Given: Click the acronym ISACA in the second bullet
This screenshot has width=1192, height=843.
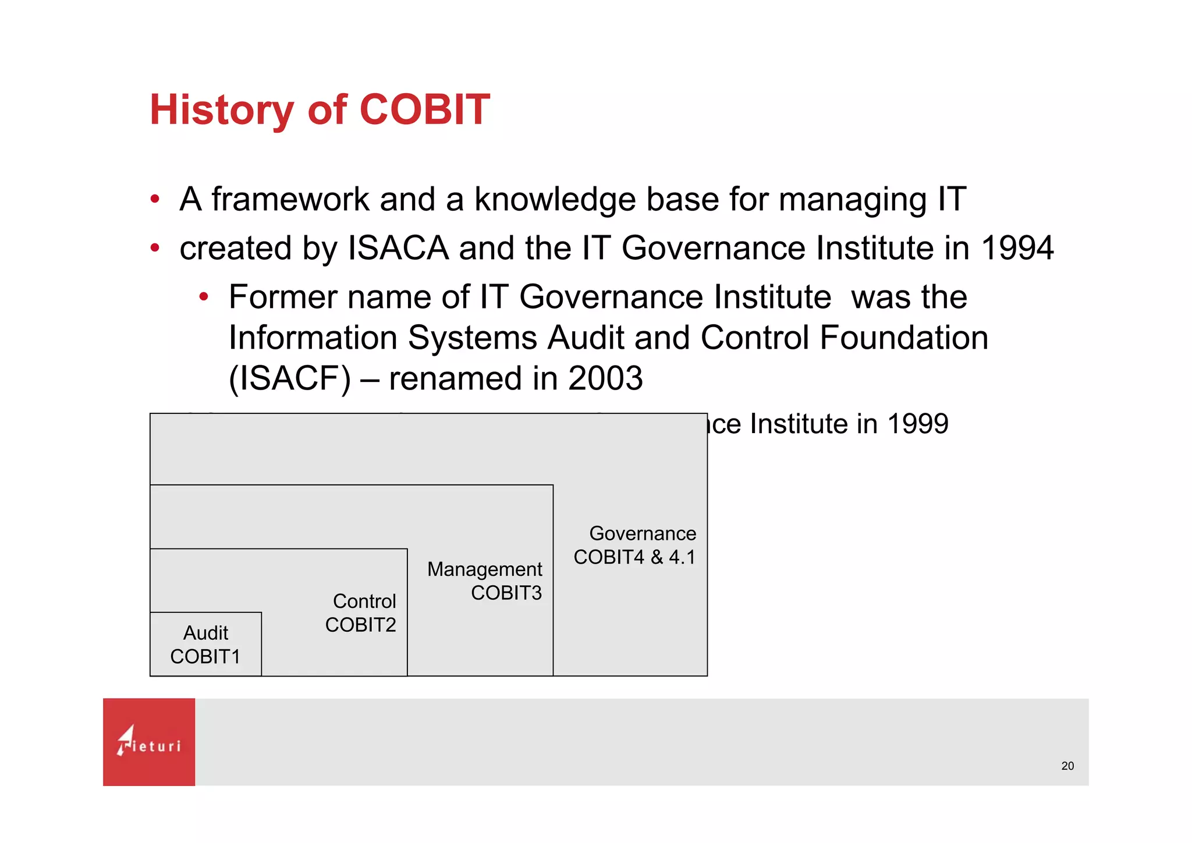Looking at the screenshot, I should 398,249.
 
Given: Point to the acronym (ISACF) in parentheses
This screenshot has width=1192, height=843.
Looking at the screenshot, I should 290,379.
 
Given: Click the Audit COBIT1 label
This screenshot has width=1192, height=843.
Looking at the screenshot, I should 205,644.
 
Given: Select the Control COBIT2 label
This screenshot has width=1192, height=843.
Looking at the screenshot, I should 361,613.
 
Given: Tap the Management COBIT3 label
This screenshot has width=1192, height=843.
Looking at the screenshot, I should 485,580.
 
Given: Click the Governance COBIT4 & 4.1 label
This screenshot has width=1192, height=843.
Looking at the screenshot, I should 635,546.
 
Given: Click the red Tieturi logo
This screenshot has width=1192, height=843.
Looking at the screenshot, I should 149,742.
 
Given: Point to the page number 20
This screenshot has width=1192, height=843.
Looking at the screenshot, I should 1067,766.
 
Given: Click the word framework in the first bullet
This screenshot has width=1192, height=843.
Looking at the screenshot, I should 290,200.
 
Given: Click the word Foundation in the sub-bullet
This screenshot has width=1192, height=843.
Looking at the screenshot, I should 904,338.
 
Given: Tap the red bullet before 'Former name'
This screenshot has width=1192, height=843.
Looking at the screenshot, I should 203,297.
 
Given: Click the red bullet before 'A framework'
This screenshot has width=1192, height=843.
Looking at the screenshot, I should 154,200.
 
